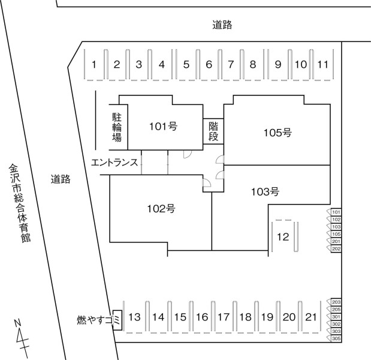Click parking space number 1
(94, 64)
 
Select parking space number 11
(323, 64)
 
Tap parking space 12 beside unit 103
(283, 236)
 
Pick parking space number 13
(134, 317)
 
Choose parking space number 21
(311, 317)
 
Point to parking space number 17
(224, 317)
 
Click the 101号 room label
(163, 127)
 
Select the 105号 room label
(278, 133)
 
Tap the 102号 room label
(161, 209)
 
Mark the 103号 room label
(265, 191)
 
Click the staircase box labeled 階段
(213, 131)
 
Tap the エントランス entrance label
(114, 163)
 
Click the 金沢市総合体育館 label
(20, 203)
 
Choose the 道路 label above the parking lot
(222, 25)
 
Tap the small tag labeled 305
(334, 338)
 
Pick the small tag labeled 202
(334, 248)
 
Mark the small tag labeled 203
(334, 302)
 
